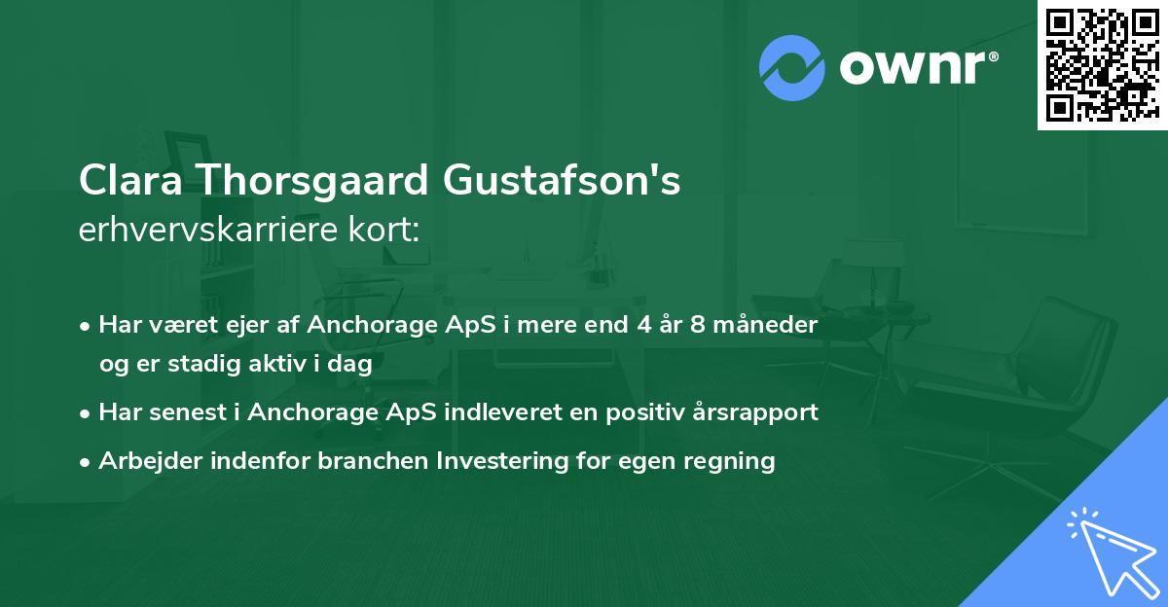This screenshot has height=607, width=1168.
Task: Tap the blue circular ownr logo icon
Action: coord(791,67)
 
